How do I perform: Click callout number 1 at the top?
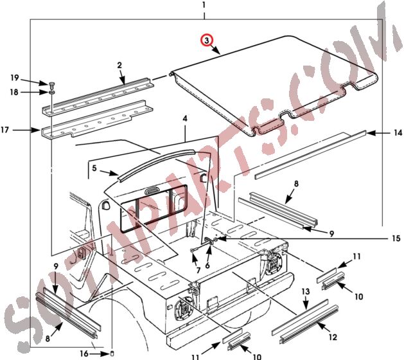[204, 5]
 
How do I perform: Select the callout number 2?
[119, 65]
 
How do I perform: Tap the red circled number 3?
[207, 40]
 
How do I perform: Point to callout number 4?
[185, 119]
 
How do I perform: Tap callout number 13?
[306, 292]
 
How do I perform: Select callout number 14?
[398, 133]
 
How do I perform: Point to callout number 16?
[83, 353]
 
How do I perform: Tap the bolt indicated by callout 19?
[50, 85]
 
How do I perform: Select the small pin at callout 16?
[103, 352]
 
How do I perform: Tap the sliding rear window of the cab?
[148, 206]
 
